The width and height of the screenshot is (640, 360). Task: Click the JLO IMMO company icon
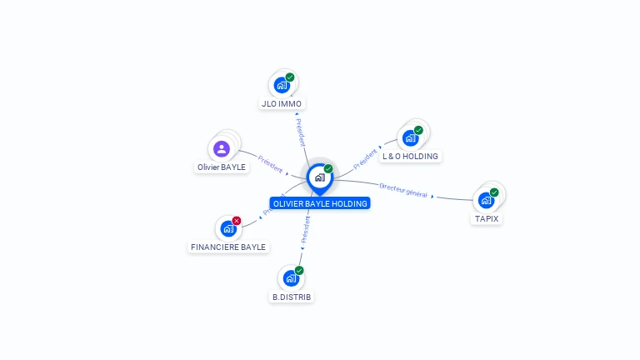click(x=282, y=85)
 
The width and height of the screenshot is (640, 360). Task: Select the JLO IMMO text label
click(x=282, y=104)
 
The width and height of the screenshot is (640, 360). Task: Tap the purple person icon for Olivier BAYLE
click(x=222, y=149)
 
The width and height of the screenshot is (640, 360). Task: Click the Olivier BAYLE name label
click(x=222, y=167)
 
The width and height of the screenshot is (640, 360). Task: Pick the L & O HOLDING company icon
click(x=410, y=137)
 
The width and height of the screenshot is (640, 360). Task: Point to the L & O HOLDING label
click(x=410, y=156)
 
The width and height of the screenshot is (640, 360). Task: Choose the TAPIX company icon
click(x=486, y=200)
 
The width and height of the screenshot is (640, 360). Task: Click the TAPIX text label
click(x=487, y=218)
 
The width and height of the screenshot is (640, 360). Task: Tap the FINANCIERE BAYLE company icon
click(x=228, y=228)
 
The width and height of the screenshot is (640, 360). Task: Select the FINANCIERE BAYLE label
click(x=228, y=247)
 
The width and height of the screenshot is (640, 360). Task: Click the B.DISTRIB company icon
click(x=291, y=277)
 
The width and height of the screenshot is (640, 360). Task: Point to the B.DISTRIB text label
click(x=292, y=297)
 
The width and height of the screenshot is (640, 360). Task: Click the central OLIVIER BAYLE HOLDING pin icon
click(x=319, y=177)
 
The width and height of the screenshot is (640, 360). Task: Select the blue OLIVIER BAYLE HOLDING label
click(x=320, y=203)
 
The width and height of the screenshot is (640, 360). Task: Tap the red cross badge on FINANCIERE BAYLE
click(x=237, y=221)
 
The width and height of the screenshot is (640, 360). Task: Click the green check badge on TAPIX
click(x=494, y=192)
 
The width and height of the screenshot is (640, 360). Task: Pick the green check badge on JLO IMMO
click(x=290, y=77)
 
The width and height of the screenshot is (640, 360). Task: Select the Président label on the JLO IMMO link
click(x=301, y=132)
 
